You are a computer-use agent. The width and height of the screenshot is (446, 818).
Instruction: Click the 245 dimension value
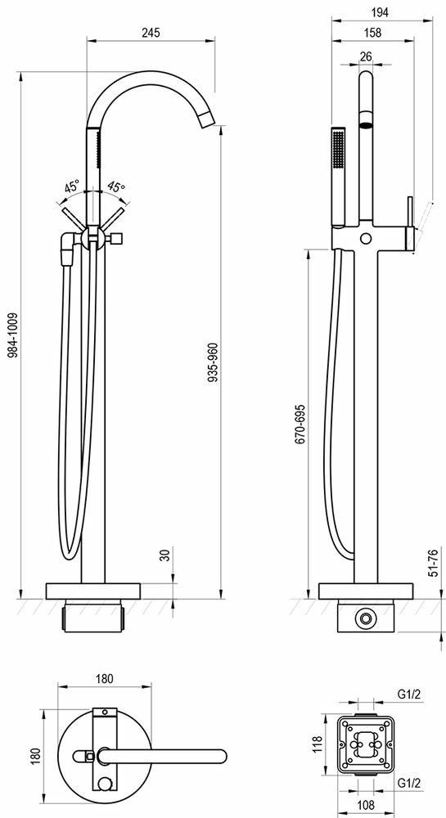click(151, 33)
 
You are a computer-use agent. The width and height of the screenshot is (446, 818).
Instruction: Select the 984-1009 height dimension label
click(14, 335)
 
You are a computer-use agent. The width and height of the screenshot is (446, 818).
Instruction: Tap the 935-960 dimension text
click(212, 364)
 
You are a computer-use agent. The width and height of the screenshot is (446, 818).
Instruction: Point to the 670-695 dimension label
click(300, 424)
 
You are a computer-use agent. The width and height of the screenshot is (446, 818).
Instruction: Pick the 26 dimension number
click(366, 56)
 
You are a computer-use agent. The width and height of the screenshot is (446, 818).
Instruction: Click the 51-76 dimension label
click(432, 562)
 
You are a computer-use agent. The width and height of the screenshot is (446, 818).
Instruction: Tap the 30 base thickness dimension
click(166, 554)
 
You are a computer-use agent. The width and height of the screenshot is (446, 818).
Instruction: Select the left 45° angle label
click(73, 187)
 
